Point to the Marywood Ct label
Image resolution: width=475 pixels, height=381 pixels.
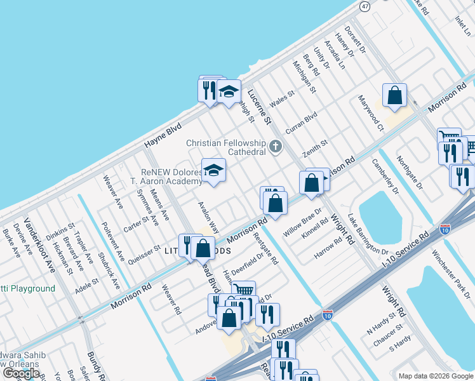(371, 113)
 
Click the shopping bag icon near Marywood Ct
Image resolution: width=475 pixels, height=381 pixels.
(394, 95)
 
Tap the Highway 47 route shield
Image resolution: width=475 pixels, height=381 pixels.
(364, 6)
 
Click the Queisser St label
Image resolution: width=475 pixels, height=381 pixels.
(145, 252)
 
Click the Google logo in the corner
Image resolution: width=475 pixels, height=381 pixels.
(20, 373)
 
